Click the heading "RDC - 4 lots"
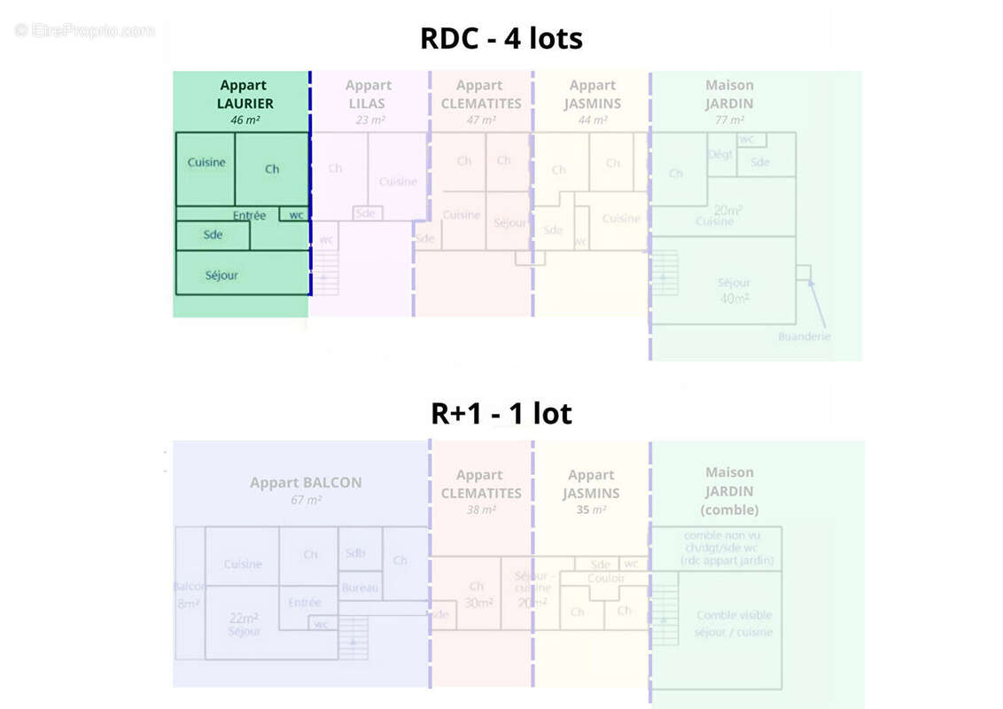[x=501, y=39]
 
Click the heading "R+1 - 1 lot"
[x=501, y=413]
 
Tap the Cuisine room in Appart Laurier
[x=206, y=163]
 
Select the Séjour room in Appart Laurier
[x=222, y=276]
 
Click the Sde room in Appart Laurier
[x=213, y=235]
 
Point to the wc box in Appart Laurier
[x=296, y=214]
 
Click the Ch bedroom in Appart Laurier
[x=272, y=168]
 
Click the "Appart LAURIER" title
[x=245, y=94]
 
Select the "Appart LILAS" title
[x=369, y=94]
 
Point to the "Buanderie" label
[x=805, y=337]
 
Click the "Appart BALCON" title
[x=306, y=483]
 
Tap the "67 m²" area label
[x=306, y=501]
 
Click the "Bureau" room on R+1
[x=360, y=588]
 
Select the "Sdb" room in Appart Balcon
[x=354, y=553]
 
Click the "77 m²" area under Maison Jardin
[x=729, y=120]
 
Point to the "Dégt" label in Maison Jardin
[x=719, y=154]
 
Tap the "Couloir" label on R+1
[x=606, y=578]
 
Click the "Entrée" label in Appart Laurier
[x=249, y=215]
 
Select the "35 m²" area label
[x=591, y=510]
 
